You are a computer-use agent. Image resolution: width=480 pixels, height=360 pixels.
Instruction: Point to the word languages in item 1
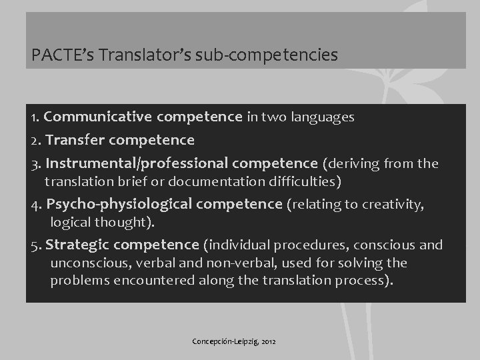pos(322,117)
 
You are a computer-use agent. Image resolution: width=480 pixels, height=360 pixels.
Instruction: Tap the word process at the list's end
pos(361,280)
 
